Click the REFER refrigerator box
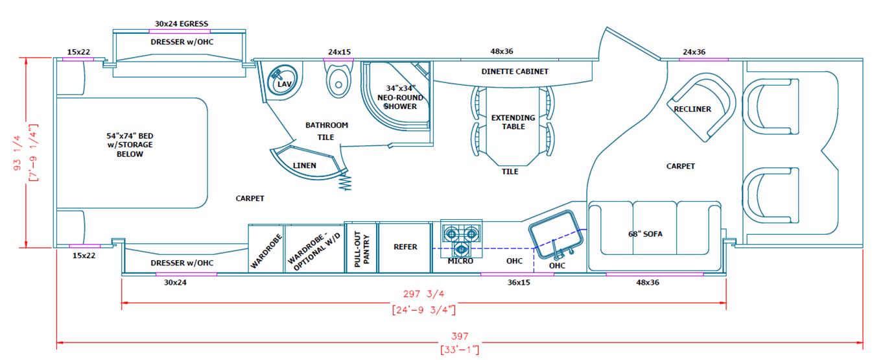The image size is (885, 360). tap(405, 247)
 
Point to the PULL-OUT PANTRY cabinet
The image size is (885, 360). tap(360, 248)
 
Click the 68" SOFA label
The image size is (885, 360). tap(646, 234)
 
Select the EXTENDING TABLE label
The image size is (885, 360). tap(513, 122)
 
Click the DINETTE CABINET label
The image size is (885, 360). tap(515, 71)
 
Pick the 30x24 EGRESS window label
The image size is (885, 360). tap(182, 24)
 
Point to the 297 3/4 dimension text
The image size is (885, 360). tap(423, 293)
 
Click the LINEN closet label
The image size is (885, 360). tap(305, 165)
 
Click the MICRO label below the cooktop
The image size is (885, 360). tap(460, 261)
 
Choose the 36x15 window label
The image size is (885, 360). tap(517, 283)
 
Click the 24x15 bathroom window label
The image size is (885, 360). tap(338, 52)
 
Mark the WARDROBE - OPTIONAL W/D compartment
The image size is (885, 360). tap(314, 248)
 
